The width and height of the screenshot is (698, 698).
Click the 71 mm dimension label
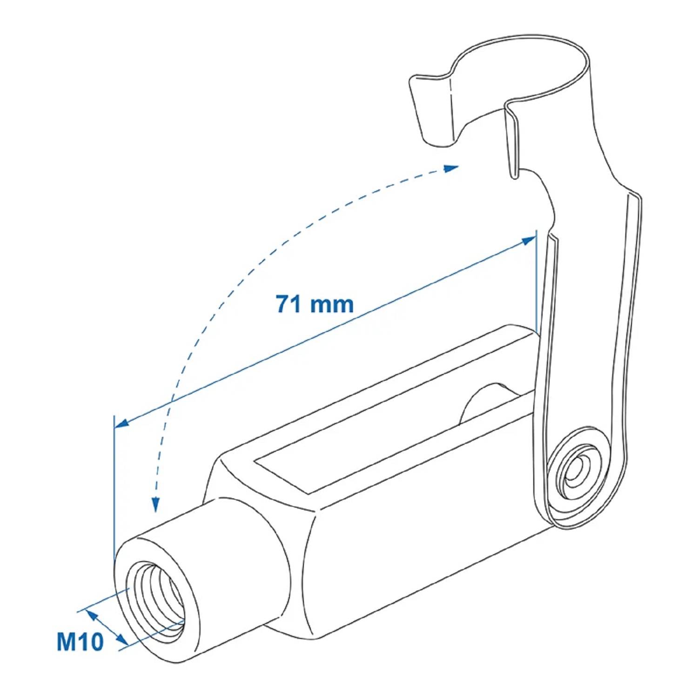click(x=315, y=304)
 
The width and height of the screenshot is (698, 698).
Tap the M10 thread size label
click(x=80, y=641)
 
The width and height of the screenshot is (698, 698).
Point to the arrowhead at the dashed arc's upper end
click(x=451, y=168)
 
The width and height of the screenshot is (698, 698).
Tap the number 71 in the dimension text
click(x=288, y=304)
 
